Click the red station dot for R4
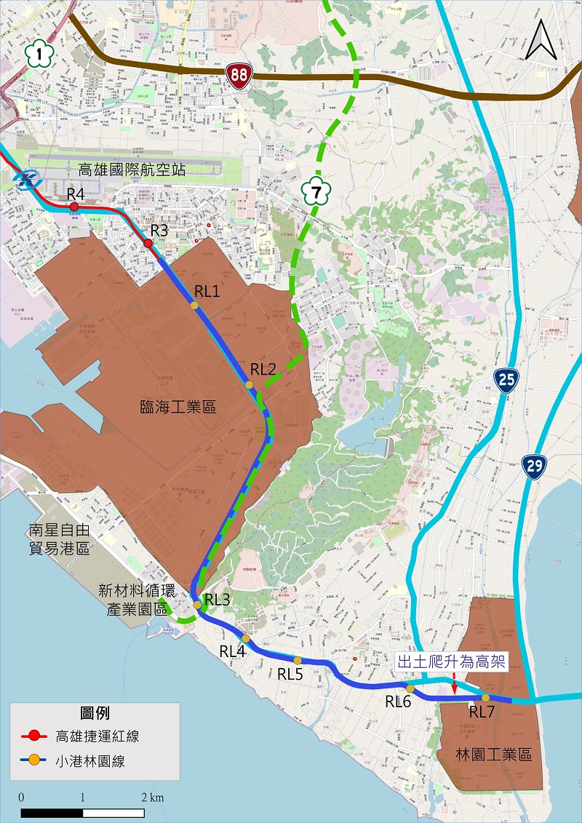[74, 207]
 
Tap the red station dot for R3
[148, 243]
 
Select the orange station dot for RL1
[194, 306]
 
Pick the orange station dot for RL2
[250, 385]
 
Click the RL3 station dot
[197, 605]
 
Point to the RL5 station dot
[297, 661]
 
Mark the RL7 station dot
[486, 698]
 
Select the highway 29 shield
[535, 466]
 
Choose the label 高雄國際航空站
[132, 170]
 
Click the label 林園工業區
[495, 755]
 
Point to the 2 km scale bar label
[152, 798]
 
